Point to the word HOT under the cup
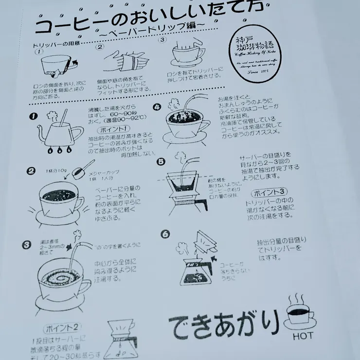coord(303,336)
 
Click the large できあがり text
coord(224,324)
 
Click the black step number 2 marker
coord(31,171)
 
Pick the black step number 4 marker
coord(157,108)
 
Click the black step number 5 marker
coord(161,162)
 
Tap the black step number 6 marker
coord(165,234)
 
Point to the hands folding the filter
coord(126,62)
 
